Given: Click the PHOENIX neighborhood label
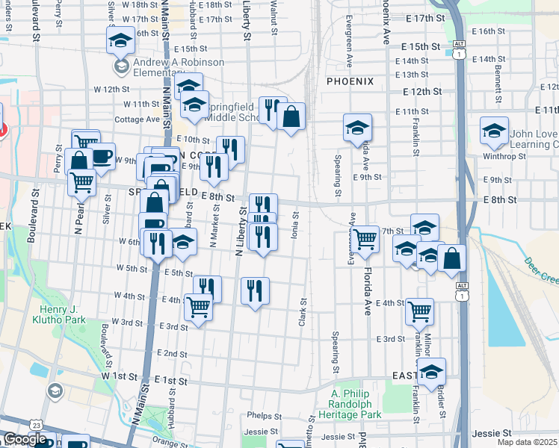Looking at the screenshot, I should point(349,81).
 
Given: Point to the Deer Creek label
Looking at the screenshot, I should point(542,270).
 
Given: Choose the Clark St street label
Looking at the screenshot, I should point(303,312).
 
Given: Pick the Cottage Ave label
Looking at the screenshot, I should point(137,119).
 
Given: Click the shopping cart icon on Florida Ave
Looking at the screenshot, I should point(365,240).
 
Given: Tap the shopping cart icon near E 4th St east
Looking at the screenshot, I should point(420,310).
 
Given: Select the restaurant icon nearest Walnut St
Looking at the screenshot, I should point(271,110).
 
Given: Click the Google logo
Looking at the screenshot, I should point(25,440).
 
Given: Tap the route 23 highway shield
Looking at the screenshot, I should point(36,424).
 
